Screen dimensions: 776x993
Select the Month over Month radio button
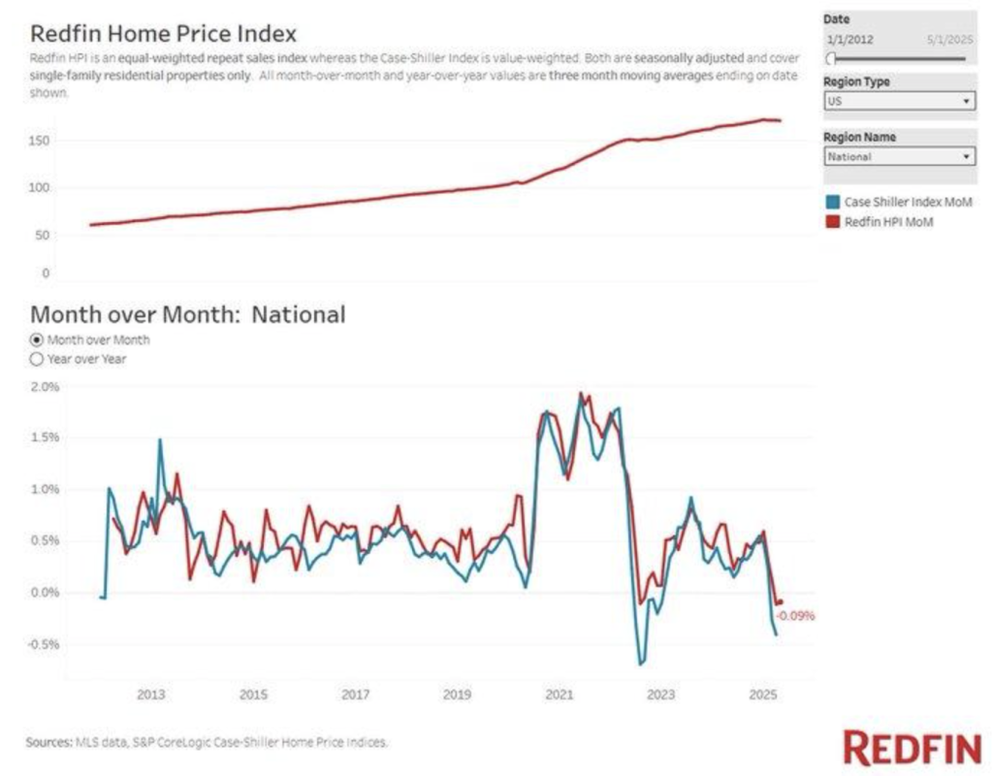(x=38, y=340)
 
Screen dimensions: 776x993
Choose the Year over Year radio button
(x=38, y=359)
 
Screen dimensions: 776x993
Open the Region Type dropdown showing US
(x=899, y=101)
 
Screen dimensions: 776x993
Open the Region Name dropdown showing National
(x=899, y=156)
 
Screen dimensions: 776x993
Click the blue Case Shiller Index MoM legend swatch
(x=832, y=202)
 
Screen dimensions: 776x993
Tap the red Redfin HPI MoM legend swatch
(x=832, y=222)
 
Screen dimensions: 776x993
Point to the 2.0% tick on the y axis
(x=46, y=386)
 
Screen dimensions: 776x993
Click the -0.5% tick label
(x=45, y=644)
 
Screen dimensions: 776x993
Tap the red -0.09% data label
(x=795, y=615)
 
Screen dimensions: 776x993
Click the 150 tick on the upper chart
(x=40, y=141)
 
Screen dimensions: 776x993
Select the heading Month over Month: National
(x=187, y=315)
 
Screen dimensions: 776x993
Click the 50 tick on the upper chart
(x=43, y=235)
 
